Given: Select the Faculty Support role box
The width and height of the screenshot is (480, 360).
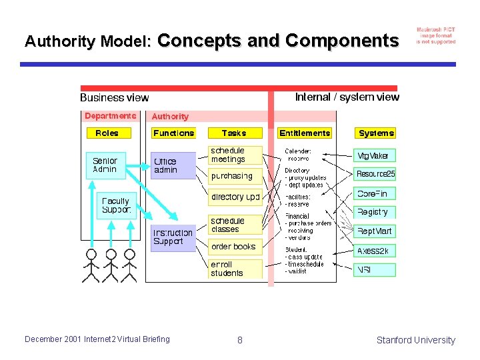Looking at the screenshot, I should (115, 205).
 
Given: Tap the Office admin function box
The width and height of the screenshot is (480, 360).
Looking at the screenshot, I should (173, 165).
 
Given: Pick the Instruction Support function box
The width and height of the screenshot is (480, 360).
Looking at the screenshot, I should (173, 237).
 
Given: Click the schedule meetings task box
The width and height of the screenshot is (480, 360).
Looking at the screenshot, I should (235, 155).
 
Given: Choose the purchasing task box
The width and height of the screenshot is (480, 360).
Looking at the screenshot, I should (235, 177).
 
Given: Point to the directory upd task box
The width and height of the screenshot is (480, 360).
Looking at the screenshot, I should (235, 197).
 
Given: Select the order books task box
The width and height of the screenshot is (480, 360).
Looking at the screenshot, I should (235, 247).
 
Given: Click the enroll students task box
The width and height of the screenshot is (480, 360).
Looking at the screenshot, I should (235, 269).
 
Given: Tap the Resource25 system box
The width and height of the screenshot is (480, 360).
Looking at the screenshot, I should (375, 174).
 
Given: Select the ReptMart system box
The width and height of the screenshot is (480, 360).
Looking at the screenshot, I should (375, 231).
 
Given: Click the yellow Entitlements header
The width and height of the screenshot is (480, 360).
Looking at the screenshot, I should (305, 133).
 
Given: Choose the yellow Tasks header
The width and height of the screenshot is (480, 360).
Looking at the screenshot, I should (234, 133).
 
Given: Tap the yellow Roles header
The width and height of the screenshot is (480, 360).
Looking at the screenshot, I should (107, 133).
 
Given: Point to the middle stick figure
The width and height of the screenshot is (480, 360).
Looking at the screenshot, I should (111, 265).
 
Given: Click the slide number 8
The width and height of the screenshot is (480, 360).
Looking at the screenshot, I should (240, 340).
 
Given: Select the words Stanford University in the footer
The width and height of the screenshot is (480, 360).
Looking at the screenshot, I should (415, 340).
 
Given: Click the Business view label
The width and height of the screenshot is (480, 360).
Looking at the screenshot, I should (115, 98).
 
